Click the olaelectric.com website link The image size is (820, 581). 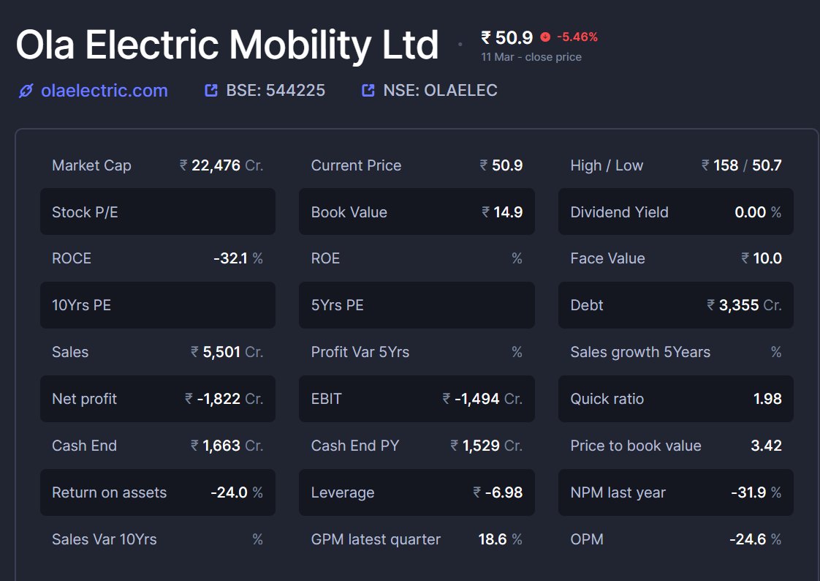point(104,91)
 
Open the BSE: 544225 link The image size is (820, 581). point(275,91)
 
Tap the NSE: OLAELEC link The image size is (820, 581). point(440,91)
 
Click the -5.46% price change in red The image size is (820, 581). point(577,37)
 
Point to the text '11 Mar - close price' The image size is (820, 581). point(531,57)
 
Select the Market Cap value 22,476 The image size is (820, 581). point(216,165)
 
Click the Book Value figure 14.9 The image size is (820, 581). point(507,212)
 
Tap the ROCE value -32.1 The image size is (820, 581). point(230,258)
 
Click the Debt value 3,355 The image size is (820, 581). point(739,305)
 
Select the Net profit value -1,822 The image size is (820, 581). point(219,399)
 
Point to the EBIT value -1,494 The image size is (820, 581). point(477,399)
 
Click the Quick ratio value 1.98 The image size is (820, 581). point(767,399)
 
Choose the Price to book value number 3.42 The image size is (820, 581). point(766,446)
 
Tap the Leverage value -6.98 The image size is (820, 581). point(504,492)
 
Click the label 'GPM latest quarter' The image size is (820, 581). point(376,539)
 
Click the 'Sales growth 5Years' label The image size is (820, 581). point(640,352)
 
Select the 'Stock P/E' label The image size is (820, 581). point(85,212)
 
